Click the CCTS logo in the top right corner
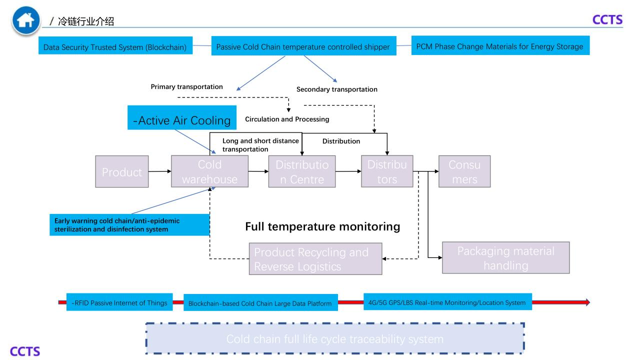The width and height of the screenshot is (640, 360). point(607,19)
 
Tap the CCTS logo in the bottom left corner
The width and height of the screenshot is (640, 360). point(25,351)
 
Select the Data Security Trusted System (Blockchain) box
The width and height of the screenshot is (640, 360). point(115,47)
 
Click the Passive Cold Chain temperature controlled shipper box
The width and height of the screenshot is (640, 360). point(303,47)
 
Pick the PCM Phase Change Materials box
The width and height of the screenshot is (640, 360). point(499,46)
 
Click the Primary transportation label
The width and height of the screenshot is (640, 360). point(186,86)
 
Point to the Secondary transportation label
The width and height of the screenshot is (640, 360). point(336,89)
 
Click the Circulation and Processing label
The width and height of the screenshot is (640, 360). point(287,119)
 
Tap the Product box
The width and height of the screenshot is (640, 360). point(122,171)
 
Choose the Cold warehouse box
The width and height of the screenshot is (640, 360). point(209,171)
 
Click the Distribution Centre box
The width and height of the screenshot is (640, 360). point(302,171)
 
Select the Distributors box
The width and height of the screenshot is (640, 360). point(387,171)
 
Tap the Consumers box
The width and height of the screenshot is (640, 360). point(464,171)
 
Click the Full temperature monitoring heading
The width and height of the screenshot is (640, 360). point(322,226)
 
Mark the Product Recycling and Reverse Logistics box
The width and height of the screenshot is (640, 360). point(315,259)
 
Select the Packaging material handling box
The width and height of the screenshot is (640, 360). point(505,258)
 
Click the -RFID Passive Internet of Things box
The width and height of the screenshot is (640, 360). point(119,302)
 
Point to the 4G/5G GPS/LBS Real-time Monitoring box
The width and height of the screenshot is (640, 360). point(447,302)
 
